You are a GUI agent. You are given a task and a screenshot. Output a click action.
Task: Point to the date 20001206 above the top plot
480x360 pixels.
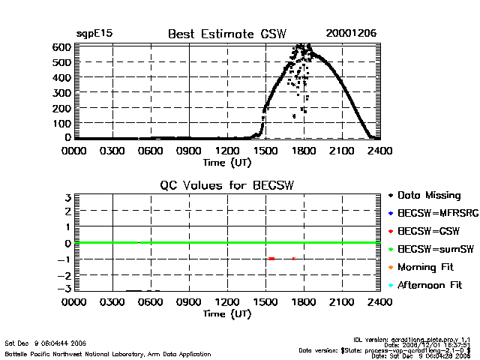click(351, 34)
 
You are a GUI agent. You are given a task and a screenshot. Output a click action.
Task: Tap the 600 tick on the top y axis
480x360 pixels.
click(61, 46)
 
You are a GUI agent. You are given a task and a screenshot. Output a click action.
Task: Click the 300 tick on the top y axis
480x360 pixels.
click(61, 92)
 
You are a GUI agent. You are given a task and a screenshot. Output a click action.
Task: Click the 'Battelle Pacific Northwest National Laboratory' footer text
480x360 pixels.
click(108, 354)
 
